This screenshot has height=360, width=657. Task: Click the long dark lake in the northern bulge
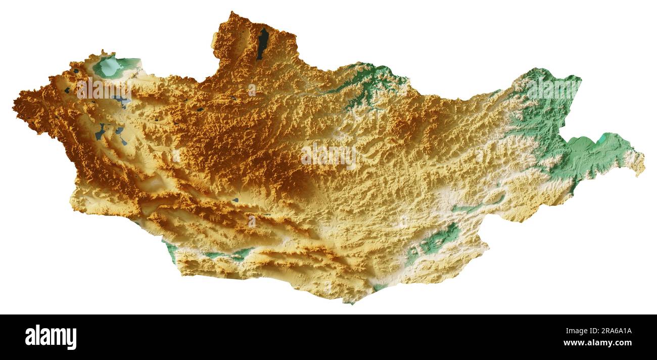tap(263, 43)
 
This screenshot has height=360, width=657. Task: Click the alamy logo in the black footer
tap(51, 337)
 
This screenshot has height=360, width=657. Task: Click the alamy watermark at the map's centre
tap(329, 156)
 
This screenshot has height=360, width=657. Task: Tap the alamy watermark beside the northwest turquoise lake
tap(104, 89)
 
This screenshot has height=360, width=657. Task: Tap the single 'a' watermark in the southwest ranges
tap(252, 221)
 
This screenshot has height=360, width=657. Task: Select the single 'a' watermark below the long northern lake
tap(252, 90)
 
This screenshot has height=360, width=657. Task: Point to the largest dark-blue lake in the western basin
tap(100, 132)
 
